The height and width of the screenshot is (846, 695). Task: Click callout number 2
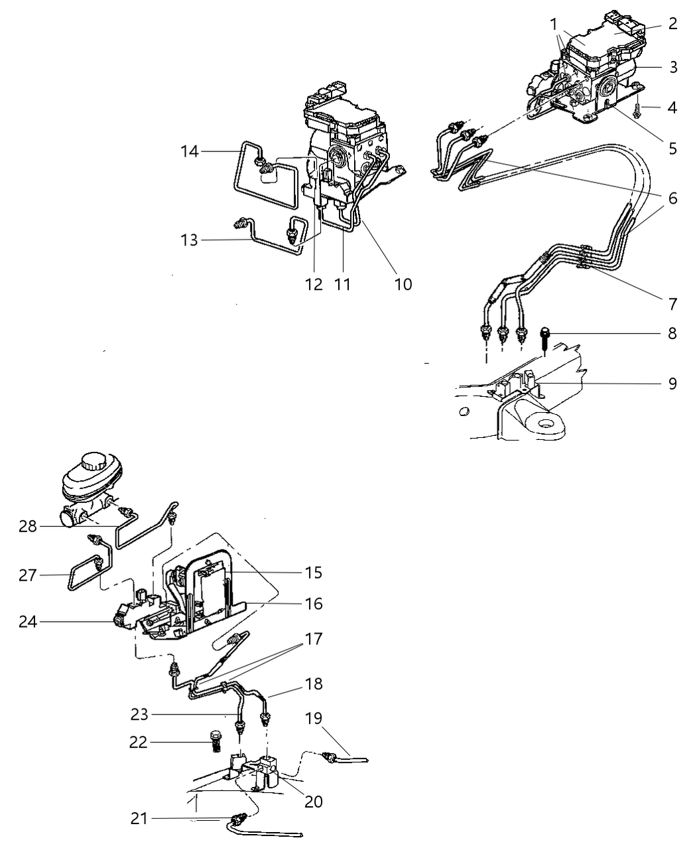pyautogui.click(x=672, y=25)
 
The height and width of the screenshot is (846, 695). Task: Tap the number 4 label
pyautogui.click(x=672, y=107)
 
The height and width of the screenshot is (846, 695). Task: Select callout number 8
pyautogui.click(x=672, y=333)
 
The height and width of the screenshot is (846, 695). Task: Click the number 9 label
pyautogui.click(x=672, y=384)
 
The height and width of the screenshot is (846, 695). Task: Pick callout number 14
pyautogui.click(x=190, y=152)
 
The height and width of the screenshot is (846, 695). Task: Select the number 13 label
pyautogui.click(x=190, y=240)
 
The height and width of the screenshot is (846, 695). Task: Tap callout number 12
pyautogui.click(x=314, y=285)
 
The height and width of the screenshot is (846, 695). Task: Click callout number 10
pyautogui.click(x=403, y=285)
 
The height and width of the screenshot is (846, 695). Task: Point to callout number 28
pyautogui.click(x=29, y=526)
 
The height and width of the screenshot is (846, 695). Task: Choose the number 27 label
pyautogui.click(x=29, y=575)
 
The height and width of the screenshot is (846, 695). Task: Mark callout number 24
pyautogui.click(x=29, y=622)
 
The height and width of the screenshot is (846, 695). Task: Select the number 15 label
pyautogui.click(x=314, y=572)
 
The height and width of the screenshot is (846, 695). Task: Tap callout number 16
pyautogui.click(x=314, y=604)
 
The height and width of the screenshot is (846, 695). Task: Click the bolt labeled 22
pyautogui.click(x=214, y=742)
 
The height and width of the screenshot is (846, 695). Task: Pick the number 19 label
pyautogui.click(x=314, y=717)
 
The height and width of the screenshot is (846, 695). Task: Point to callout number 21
pyautogui.click(x=139, y=819)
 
